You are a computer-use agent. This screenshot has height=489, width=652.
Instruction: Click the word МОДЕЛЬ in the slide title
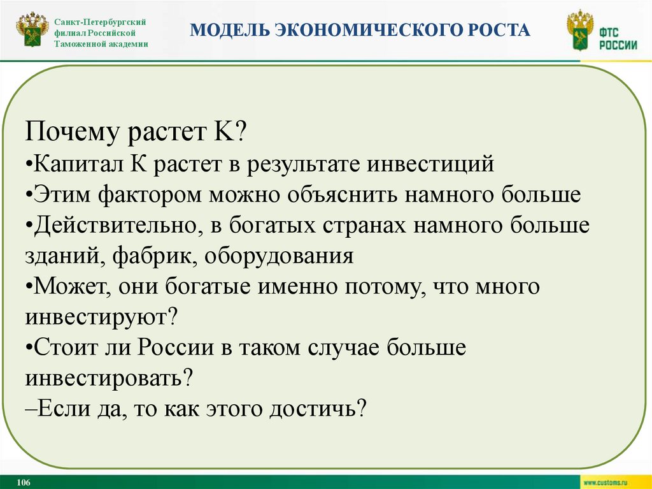tap(230, 30)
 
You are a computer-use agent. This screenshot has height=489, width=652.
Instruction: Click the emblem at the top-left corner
tap(32, 31)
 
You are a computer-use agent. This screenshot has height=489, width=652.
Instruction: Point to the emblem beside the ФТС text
tap(580, 31)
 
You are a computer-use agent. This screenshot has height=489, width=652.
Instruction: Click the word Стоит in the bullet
tap(65, 347)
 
